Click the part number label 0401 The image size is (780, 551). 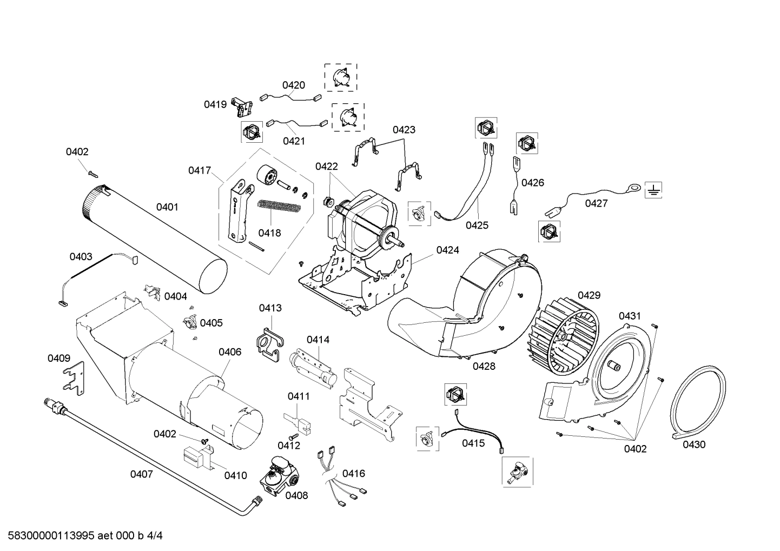pos(167,207)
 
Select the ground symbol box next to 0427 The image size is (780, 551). pos(653,189)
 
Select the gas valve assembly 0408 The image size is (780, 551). pos(279,474)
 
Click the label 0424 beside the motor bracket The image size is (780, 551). pos(447,250)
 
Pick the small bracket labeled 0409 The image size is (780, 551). pos(74,376)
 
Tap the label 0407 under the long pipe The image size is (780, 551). pos(141,474)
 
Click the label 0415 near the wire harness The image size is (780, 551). pos(473,443)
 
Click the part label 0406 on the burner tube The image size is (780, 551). pos(230,352)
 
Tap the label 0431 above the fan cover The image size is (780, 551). pos(630,316)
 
